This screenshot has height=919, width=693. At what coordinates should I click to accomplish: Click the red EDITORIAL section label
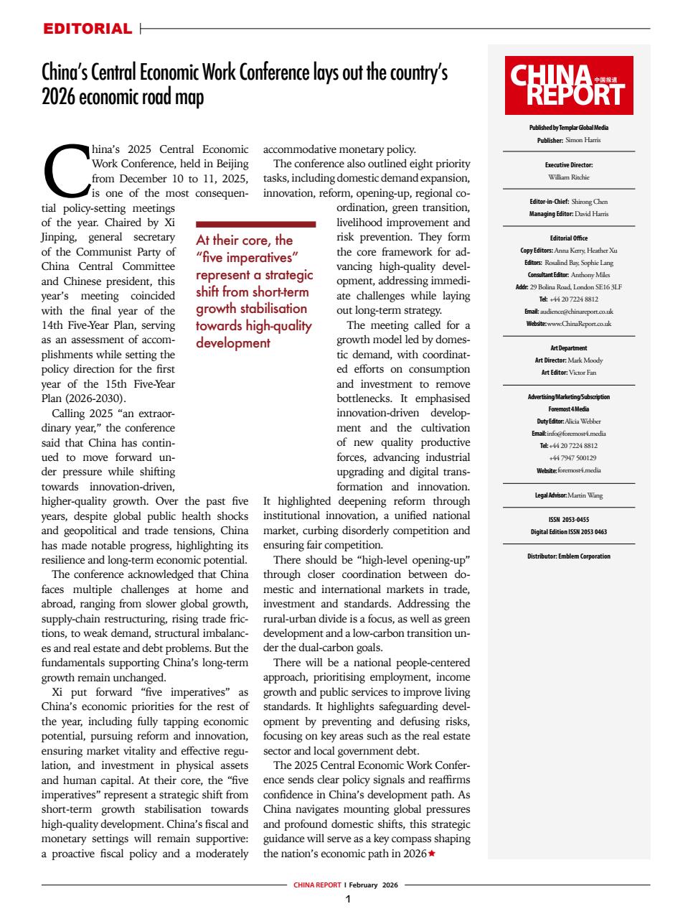88,29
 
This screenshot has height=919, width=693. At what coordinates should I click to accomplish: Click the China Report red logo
569,85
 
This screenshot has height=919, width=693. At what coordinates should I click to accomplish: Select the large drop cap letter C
66,171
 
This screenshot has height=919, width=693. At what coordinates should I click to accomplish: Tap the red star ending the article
431,854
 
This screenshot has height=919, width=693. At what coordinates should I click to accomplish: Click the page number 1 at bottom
347,900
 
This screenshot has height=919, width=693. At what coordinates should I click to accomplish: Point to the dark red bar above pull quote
255,224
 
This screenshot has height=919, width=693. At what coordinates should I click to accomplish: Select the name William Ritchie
569,177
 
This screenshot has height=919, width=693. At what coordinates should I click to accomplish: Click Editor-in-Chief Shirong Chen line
569,202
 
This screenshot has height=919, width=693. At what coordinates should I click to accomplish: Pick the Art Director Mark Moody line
569,360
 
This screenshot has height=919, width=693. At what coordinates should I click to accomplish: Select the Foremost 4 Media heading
569,409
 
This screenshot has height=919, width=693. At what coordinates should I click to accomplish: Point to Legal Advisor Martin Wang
569,495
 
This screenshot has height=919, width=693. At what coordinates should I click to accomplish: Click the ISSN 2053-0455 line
569,520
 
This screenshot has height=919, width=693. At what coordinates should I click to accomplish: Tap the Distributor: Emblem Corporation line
569,556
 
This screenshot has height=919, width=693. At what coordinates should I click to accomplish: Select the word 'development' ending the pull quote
233,342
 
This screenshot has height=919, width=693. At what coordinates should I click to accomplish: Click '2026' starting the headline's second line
57,97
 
